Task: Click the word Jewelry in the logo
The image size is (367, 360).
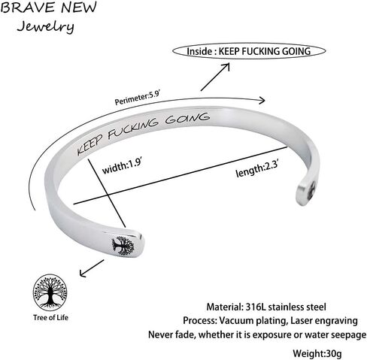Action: pos(45,26)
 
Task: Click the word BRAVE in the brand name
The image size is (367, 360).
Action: pos(28,8)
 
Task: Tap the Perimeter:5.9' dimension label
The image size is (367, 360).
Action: pos(137,98)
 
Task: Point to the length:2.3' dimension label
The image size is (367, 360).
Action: pos(257,169)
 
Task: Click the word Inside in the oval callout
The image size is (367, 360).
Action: pos(199,51)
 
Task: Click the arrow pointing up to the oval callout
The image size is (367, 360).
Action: pos(215,77)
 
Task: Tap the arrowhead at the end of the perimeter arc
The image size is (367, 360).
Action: pos(262,100)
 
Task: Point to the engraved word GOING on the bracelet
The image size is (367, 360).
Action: pos(187,119)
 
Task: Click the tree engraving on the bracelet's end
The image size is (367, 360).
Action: pos(123,246)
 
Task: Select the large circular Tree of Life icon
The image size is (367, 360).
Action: pos(50,292)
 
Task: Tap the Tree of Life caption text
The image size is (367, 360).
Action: pos(50,318)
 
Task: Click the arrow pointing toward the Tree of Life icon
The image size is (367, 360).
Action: pos(92,268)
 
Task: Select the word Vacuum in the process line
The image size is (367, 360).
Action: pos(236,321)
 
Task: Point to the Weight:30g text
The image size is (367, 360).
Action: pos(317,353)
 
